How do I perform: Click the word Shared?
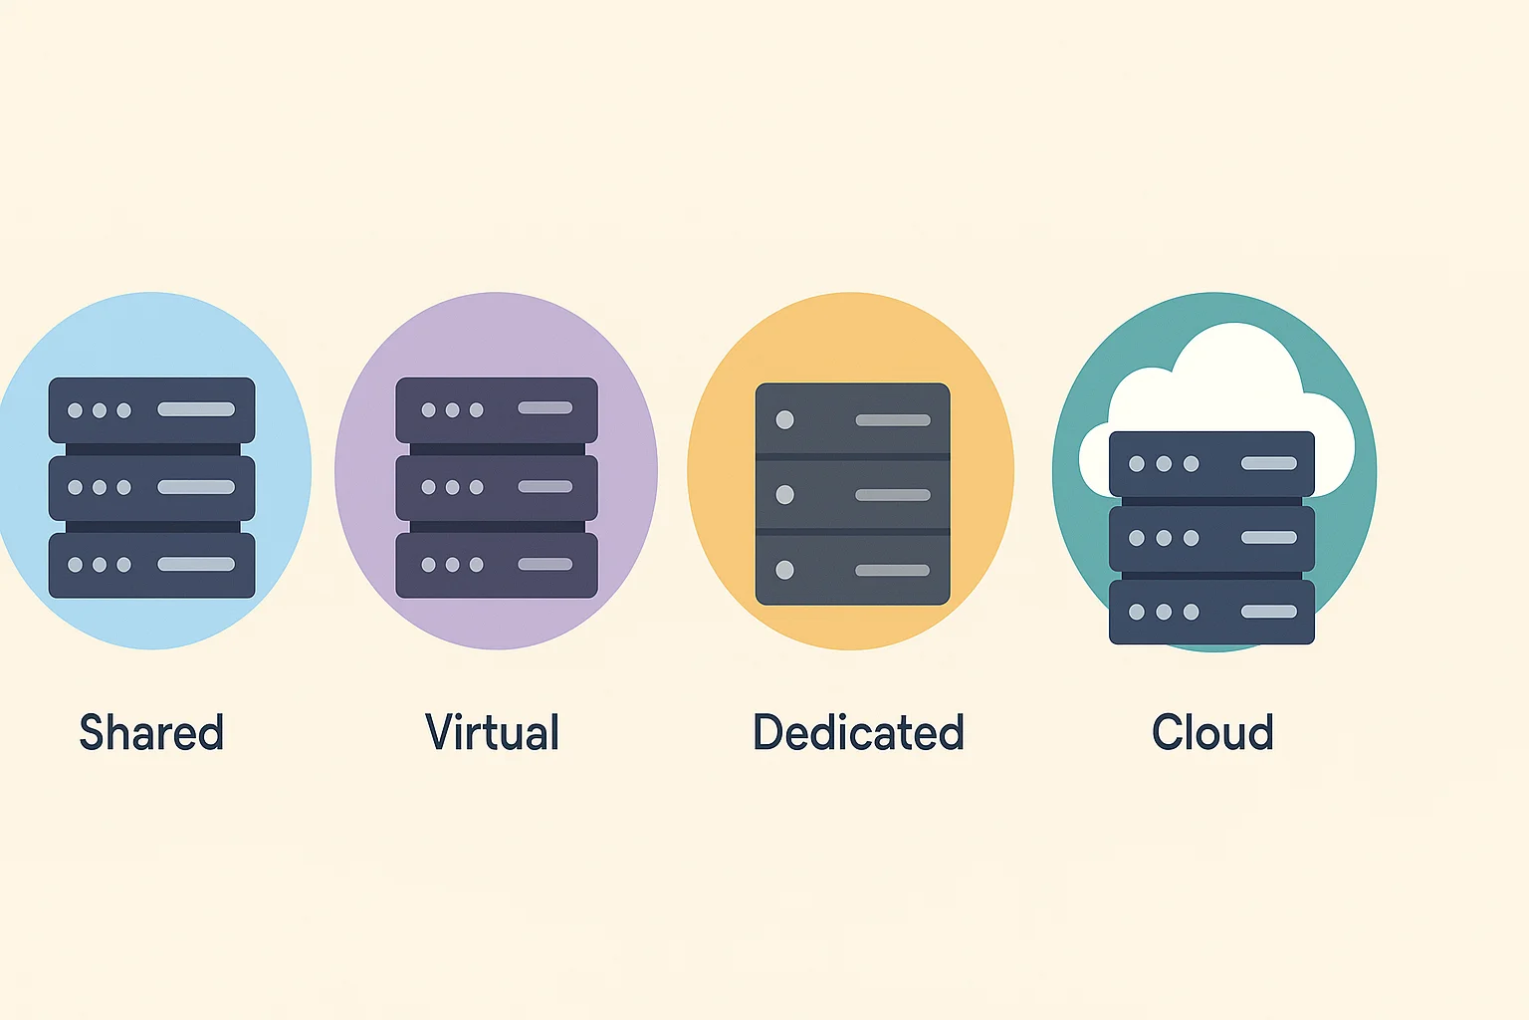[151, 733]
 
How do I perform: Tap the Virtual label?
[492, 733]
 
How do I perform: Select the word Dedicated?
[858, 733]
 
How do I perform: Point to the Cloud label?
[1212, 733]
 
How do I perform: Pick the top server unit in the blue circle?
[151, 409]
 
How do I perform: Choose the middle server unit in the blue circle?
[151, 487]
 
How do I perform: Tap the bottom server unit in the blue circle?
[151, 565]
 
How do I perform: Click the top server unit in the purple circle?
[497, 409]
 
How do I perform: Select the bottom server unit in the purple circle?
[497, 565]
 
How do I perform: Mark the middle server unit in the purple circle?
[497, 487]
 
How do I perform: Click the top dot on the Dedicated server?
[784, 419]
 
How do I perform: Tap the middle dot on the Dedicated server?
[784, 494]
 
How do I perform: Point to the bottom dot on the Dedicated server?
[784, 570]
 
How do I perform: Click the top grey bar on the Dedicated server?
[893, 420]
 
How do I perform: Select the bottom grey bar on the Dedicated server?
[893, 571]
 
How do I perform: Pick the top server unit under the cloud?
[1211, 463]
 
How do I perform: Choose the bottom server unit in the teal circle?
[1211, 612]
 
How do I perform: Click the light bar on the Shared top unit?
[196, 409]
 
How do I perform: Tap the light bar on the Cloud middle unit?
[1269, 538]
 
